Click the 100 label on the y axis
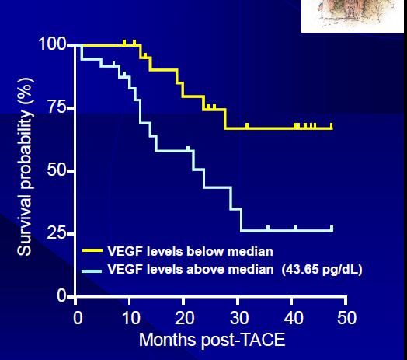coord(53,44)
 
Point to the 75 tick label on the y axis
coord(57,107)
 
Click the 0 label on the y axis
coord(62,295)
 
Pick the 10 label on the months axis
coord(131,318)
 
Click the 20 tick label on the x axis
coord(185,318)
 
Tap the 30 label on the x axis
coord(239,318)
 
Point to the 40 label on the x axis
coord(294,318)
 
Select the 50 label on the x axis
coord(347,318)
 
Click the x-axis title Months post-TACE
coord(212,340)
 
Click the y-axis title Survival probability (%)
coord(25,166)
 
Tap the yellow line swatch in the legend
coord(92,250)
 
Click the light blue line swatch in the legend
coord(92,271)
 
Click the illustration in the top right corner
coord(353,16)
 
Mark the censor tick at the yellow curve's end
coord(331,126)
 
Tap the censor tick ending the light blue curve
coord(332,229)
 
